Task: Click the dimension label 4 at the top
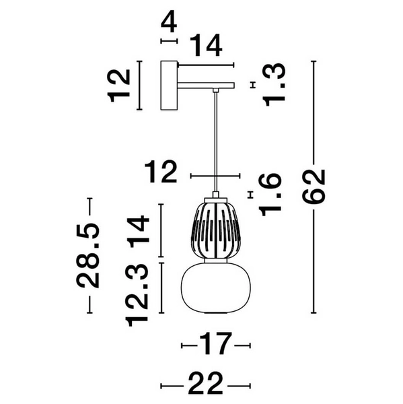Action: pyautogui.click(x=169, y=22)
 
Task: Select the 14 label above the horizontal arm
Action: pyautogui.click(x=205, y=46)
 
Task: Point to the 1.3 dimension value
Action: pyautogui.click(x=274, y=84)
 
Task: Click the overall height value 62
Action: pyautogui.click(x=314, y=187)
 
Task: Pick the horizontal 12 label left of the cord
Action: pyautogui.click(x=162, y=173)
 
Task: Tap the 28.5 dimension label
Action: pyautogui.click(x=89, y=255)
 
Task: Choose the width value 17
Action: pyautogui.click(x=216, y=345)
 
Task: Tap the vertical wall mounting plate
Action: pyautogui.click(x=168, y=86)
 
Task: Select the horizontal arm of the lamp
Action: pyautogui.click(x=205, y=85)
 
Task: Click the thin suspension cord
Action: pyautogui.click(x=216, y=141)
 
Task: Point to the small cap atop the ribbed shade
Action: pyautogui.click(x=216, y=197)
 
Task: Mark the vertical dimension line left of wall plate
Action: pyautogui.click(x=139, y=86)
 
